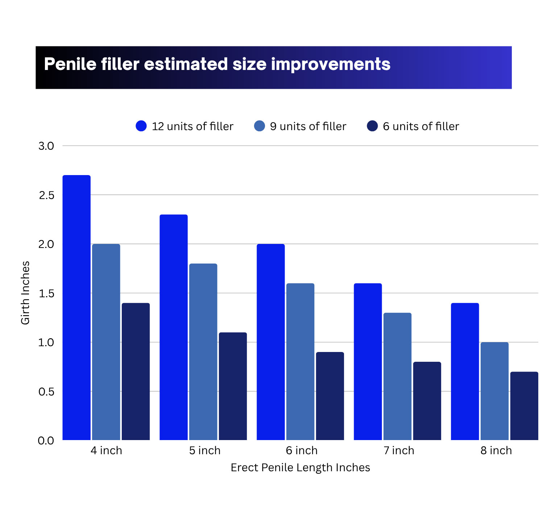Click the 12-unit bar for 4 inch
click(x=76, y=308)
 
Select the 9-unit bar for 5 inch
click(x=203, y=352)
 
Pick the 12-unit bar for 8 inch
click(x=465, y=372)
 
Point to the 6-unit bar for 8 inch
click(x=524, y=406)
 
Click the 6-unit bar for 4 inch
click(x=136, y=372)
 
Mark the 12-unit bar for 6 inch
click(x=271, y=342)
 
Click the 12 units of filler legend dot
click(x=141, y=126)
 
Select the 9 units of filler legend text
click(x=308, y=126)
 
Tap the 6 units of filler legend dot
click(x=372, y=126)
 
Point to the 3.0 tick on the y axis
click(x=46, y=146)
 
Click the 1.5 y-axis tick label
click(x=46, y=293)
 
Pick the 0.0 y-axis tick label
click(x=46, y=440)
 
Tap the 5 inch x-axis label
click(x=205, y=450)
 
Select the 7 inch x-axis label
click(x=399, y=450)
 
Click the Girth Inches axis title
click(x=25, y=293)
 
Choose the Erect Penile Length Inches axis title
click(x=300, y=467)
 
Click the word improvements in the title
click(x=331, y=64)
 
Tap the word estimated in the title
click(x=186, y=64)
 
